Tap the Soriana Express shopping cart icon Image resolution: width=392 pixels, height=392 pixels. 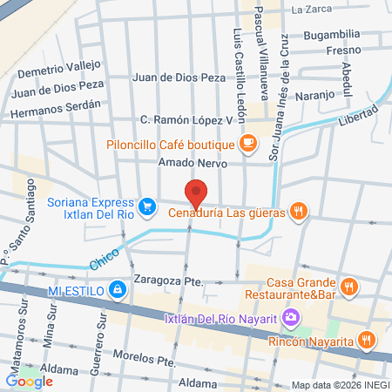148,206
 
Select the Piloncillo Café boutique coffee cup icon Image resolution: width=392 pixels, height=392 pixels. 248,139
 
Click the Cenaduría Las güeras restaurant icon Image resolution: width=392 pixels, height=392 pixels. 298,209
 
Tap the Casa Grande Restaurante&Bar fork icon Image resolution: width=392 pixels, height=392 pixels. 348,285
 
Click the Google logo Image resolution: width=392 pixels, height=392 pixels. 29,380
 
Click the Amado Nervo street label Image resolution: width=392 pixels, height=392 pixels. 193,163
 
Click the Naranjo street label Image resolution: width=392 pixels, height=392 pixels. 315,94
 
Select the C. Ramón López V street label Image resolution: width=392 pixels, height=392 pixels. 187,119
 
